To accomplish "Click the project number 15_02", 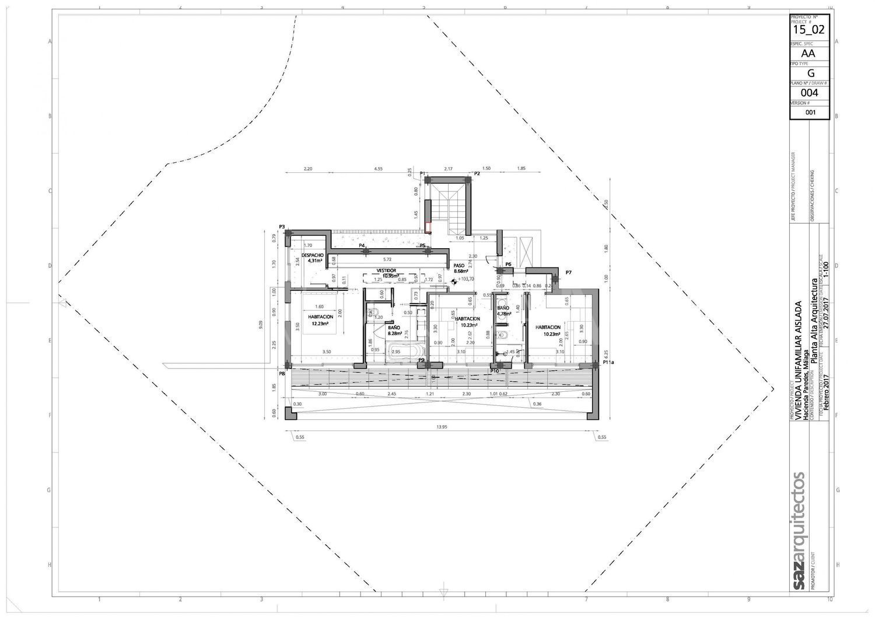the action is [x=810, y=29].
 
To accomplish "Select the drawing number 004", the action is [x=809, y=93].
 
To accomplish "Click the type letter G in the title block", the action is [x=810, y=73].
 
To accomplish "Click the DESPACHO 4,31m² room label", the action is [x=312, y=258].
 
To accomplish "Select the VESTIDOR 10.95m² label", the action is [x=386, y=273].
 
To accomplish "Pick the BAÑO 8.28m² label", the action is [x=394, y=331].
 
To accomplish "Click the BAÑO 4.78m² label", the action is [x=503, y=311].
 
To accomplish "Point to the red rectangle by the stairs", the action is [x=428, y=228].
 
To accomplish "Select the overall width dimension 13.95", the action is [x=442, y=427].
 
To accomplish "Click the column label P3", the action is [x=282, y=227].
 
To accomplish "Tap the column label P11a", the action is [x=608, y=363].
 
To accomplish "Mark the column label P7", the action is [x=568, y=273].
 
